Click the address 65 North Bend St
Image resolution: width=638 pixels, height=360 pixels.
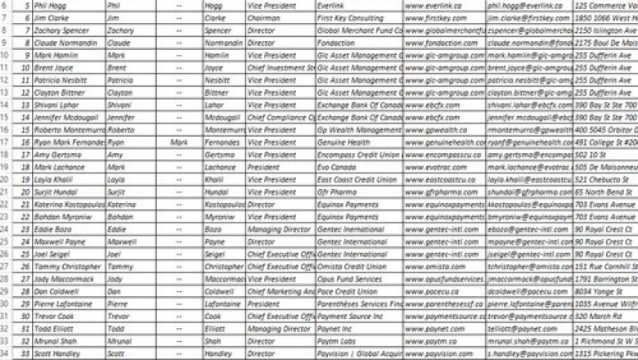click(x=604, y=191)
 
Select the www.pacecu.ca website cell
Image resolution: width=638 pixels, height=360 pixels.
click(x=430, y=291)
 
